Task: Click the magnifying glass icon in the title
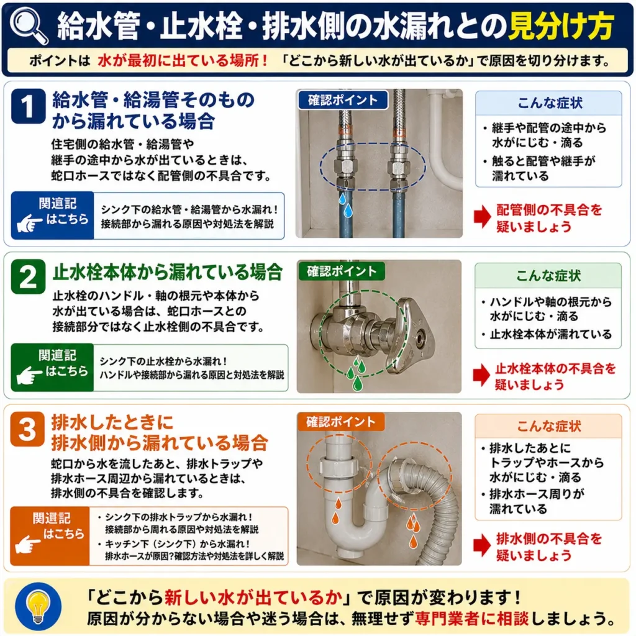coord(27,24)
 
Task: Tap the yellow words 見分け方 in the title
coord(561,26)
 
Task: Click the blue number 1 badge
coord(28,106)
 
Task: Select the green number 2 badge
coord(28,276)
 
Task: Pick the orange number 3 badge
coord(27,429)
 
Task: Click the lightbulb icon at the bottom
coord(38,606)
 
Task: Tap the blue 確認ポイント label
coord(343,100)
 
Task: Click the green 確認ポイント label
coord(342,271)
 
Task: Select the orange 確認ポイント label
coord(341,422)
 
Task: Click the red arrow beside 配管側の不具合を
coord(482,216)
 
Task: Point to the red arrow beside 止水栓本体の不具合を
coord(481,375)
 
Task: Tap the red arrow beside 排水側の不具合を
coord(482,545)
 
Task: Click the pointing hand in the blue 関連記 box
coord(29,223)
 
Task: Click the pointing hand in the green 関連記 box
coord(29,375)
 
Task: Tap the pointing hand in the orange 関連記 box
coord(27,544)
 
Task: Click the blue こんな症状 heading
coord(550,103)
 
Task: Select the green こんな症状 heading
coord(548,276)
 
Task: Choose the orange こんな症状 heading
coord(549,426)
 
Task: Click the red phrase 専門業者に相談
coord(472,619)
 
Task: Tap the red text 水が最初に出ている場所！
coord(183,60)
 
